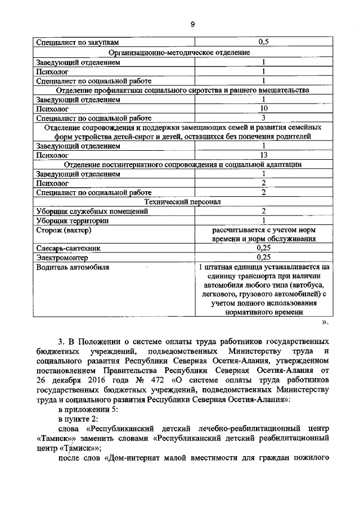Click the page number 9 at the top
(192, 24)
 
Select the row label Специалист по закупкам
(78, 42)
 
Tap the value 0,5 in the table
(263, 42)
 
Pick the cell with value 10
(263, 108)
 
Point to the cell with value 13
(263, 155)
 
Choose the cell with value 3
(263, 118)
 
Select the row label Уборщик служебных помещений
(92, 211)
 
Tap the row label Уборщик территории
(73, 221)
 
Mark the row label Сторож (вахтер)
(64, 231)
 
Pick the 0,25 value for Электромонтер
(263, 258)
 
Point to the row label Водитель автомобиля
(73, 267)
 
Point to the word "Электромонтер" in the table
(62, 258)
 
